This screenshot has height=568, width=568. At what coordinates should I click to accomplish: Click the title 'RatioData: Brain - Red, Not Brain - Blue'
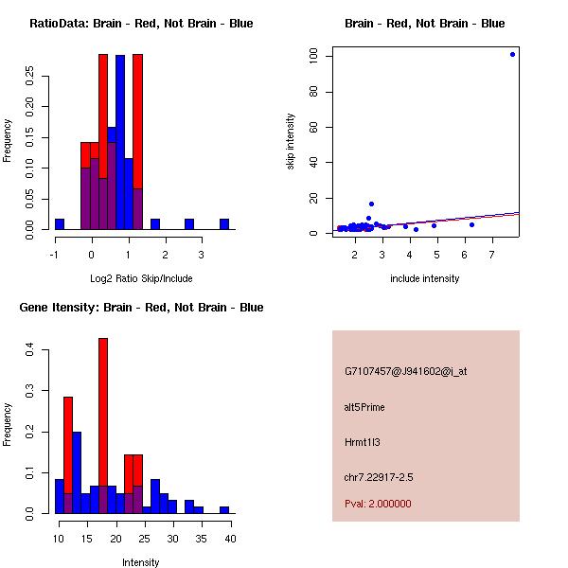click(141, 24)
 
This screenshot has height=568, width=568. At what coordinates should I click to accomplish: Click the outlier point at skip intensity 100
click(513, 54)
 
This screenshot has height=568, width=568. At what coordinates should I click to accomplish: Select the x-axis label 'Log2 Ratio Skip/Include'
click(141, 278)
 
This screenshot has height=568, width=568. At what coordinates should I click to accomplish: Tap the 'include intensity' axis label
click(424, 278)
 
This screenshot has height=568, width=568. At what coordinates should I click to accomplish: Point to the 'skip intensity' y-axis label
click(292, 142)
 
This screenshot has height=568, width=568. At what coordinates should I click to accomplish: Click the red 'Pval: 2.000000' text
click(378, 504)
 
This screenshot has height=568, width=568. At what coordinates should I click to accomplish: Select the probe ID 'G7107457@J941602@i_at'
click(406, 371)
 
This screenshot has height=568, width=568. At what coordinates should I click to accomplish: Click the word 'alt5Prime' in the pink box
click(364, 407)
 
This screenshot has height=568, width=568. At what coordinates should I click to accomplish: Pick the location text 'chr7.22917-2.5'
click(379, 476)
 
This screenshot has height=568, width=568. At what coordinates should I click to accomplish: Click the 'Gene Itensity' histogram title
click(141, 308)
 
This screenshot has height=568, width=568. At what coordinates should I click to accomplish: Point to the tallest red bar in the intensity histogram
click(103, 426)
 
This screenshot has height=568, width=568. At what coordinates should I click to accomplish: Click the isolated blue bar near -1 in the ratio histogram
click(60, 224)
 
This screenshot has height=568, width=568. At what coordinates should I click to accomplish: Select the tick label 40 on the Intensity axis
click(230, 539)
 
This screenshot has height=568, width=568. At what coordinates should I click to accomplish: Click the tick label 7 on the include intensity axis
click(492, 255)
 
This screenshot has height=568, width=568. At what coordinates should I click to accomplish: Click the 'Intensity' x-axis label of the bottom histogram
click(141, 562)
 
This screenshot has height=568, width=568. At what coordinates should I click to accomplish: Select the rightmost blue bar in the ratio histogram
click(224, 224)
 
